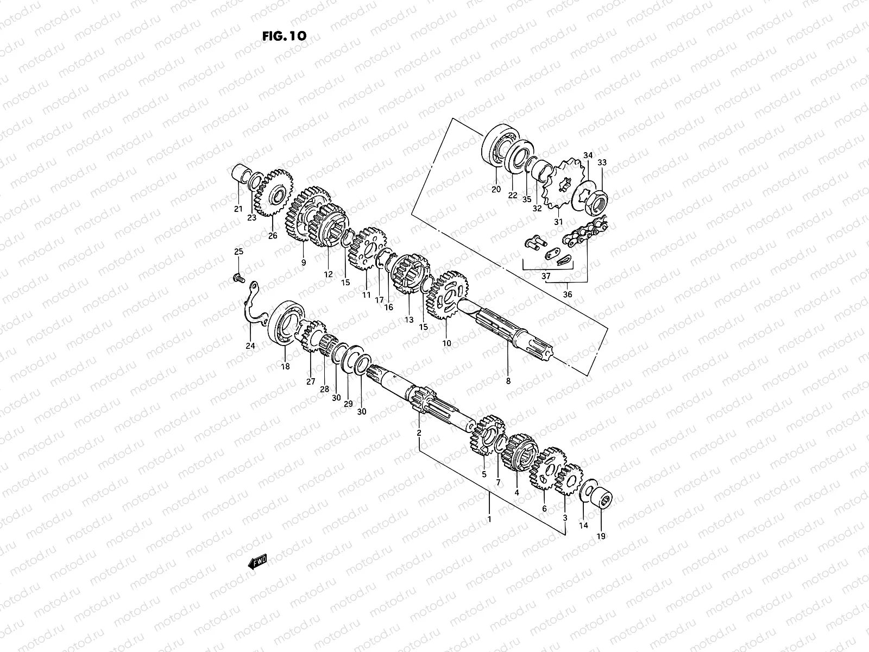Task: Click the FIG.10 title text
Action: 284,36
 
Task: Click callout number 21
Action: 238,209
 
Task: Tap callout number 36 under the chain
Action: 567,294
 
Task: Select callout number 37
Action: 546,276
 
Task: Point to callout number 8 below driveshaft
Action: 508,381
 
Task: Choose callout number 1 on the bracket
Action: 489,519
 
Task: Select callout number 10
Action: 446,343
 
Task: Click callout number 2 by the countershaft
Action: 419,432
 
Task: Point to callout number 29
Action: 348,404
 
